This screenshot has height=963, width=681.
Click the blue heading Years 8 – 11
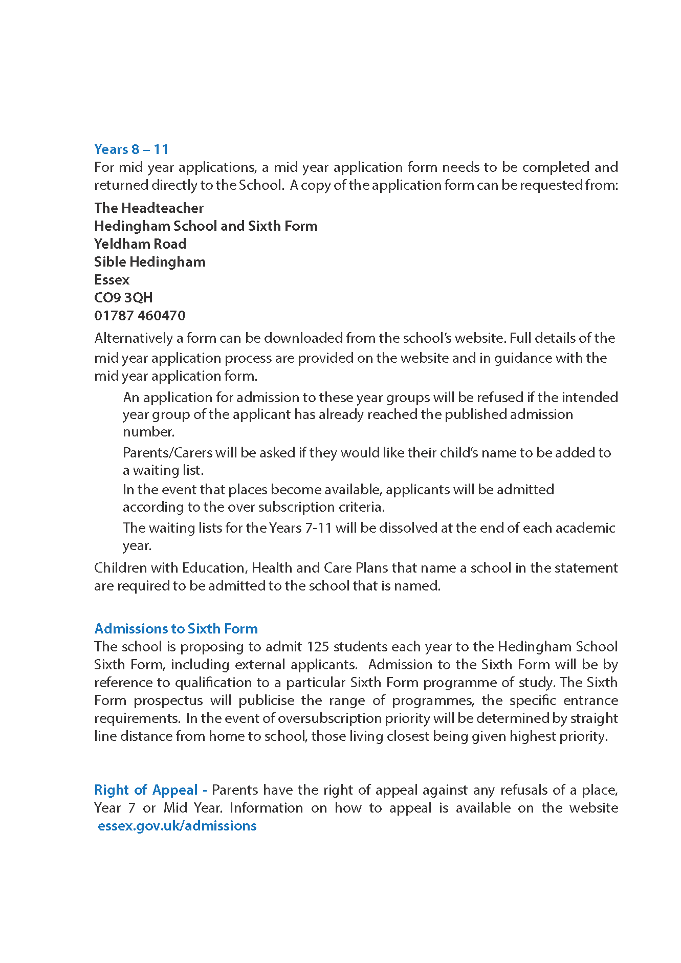coord(131,149)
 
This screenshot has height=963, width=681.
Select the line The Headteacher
coord(149,208)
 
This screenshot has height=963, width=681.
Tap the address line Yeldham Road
coord(140,244)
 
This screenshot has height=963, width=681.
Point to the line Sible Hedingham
coord(150,262)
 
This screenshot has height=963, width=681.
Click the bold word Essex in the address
coord(112,280)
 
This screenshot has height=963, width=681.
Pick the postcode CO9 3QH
coord(123,298)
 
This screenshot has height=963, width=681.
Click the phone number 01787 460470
coord(140,316)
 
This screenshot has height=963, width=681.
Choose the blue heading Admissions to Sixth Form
coord(176,629)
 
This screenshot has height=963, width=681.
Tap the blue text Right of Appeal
coord(146,790)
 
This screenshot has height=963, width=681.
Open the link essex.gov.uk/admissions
coord(177,826)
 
